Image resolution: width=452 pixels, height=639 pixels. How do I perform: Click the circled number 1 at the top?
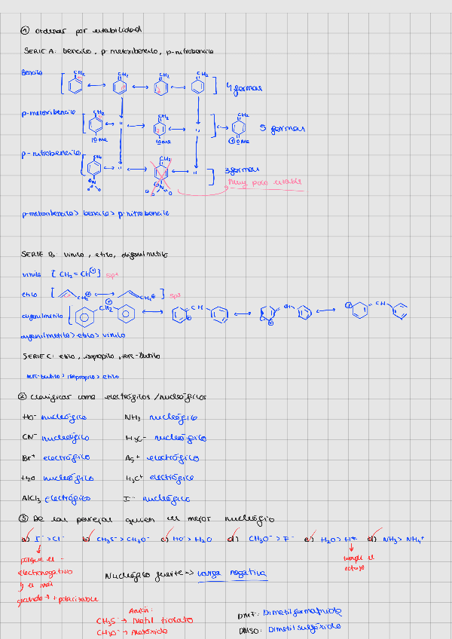click(x=25, y=31)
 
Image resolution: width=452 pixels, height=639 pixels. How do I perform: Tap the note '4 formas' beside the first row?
click(x=243, y=88)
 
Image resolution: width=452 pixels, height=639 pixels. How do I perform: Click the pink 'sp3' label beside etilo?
click(x=177, y=295)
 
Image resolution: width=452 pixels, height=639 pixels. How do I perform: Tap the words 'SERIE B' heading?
click(x=37, y=255)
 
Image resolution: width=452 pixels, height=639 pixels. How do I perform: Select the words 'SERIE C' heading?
click(x=37, y=355)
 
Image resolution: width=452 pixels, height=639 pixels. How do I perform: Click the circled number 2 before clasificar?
click(x=25, y=396)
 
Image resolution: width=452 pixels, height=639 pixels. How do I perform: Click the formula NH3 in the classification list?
click(x=133, y=417)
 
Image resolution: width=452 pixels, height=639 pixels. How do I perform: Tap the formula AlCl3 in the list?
click(x=33, y=498)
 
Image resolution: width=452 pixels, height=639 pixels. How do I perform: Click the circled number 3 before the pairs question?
click(x=25, y=518)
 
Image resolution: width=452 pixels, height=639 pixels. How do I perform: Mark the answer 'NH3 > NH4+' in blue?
click(x=404, y=539)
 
